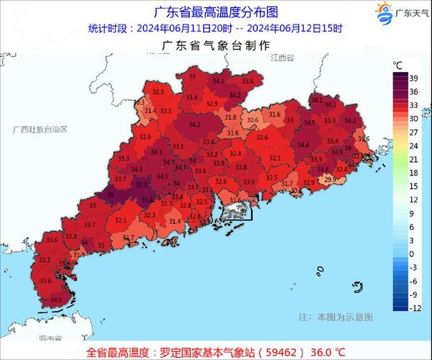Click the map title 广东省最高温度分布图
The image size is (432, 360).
pyautogui.click(x=216, y=12)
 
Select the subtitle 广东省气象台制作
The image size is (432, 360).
pyautogui.click(x=216, y=45)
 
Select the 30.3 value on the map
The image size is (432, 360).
pyautogui.click(x=139, y=102)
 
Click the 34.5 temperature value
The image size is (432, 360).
pyautogui.click(x=310, y=123)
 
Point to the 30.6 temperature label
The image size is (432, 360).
pyautogui.click(x=252, y=120)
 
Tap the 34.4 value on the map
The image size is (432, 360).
pyautogui.click(x=303, y=145)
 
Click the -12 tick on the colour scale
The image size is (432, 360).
pyautogui.click(x=415, y=307)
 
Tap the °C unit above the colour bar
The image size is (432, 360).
pyautogui.click(x=397, y=65)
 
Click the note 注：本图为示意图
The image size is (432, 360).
pyautogui.click(x=345, y=316)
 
